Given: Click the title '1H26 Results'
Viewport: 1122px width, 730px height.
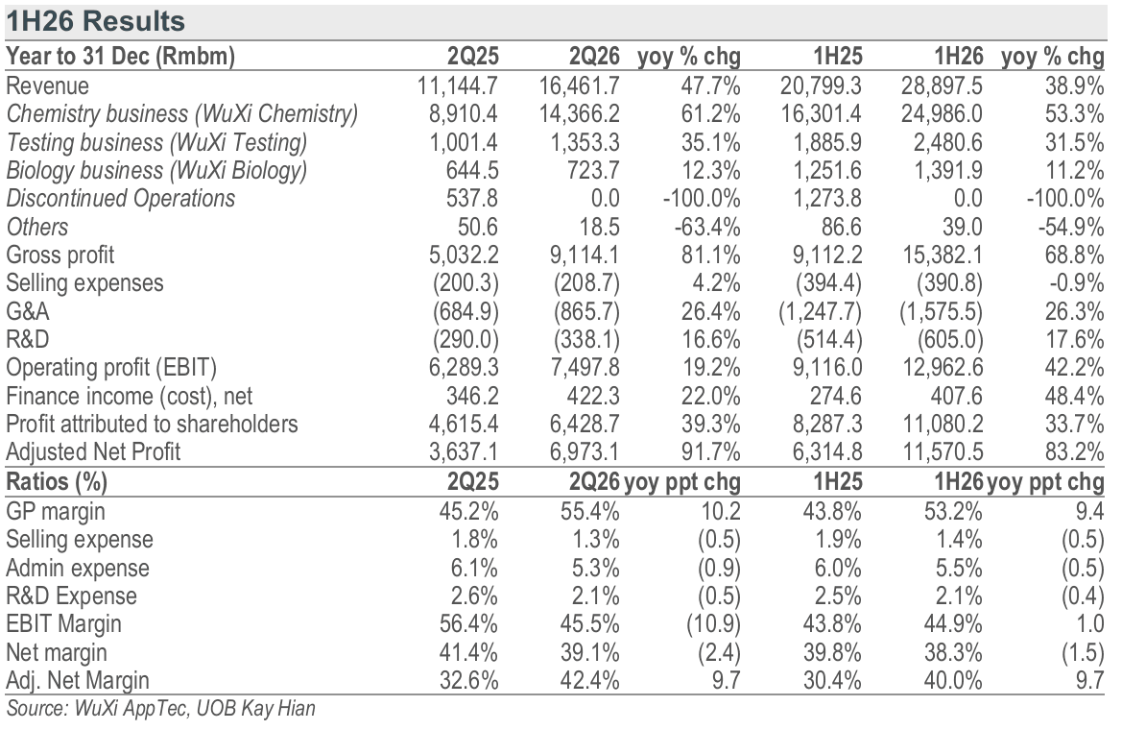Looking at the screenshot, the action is pos(95,21).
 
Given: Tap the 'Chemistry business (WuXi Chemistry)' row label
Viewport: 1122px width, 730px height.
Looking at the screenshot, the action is pos(182,114).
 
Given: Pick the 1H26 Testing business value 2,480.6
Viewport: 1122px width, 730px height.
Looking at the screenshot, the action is pos(947,142).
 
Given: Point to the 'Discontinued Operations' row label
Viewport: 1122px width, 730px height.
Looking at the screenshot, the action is pos(120,199).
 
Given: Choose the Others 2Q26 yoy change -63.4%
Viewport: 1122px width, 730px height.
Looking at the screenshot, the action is pos(707,227).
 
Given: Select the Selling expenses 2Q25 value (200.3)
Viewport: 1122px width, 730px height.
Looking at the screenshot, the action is pos(466,283).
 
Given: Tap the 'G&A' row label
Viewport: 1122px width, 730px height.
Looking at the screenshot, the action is pos(28,311).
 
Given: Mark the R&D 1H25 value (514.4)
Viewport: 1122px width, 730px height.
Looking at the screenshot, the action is pos(829,340).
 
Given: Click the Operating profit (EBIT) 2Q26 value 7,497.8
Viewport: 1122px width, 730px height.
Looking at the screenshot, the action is pos(585,368).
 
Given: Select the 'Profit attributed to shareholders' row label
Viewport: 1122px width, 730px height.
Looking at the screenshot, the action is pos(152,425).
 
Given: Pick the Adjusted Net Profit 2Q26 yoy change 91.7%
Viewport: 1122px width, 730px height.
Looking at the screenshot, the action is pos(710,452).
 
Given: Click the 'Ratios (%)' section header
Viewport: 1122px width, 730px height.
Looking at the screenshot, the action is pos(57,482).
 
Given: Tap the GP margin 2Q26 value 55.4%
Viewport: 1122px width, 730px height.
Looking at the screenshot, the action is pos(589,512).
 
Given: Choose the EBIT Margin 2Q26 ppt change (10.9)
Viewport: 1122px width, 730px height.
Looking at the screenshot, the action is pos(713,624).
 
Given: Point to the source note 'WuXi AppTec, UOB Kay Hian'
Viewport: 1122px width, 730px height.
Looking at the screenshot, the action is pos(195,709).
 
